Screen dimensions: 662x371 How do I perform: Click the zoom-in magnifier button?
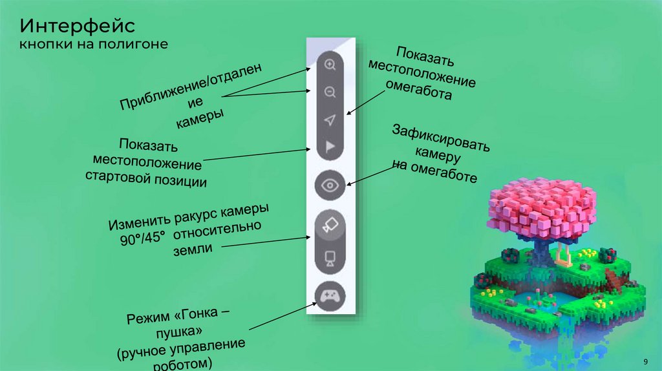330,65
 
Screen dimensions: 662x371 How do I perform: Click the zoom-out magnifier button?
330,92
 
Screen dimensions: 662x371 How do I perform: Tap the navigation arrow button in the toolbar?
330,120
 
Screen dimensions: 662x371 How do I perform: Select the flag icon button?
330,147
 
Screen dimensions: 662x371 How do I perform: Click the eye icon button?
330,185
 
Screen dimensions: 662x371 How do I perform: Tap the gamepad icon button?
330,296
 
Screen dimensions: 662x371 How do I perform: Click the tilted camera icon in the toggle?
330,225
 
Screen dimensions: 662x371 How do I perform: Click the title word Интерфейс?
76,26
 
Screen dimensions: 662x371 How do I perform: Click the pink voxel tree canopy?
540,206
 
